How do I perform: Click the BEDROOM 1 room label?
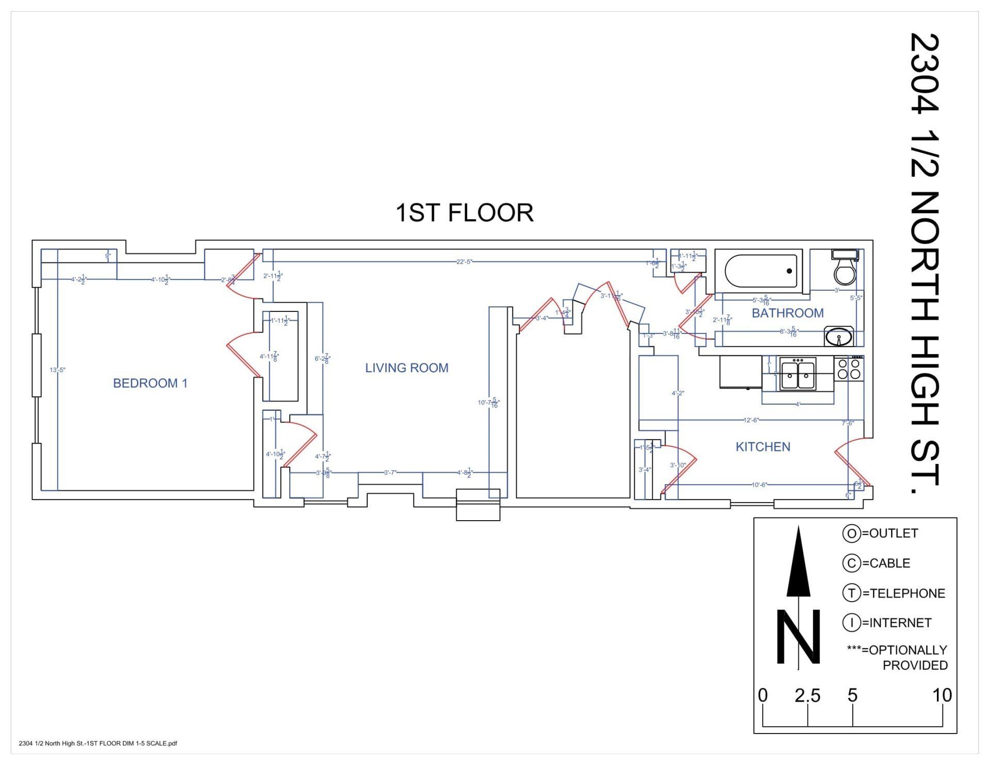(x=150, y=383)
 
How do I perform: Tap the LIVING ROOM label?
(x=407, y=368)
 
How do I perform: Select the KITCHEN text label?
(x=763, y=447)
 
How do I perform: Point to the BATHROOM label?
(x=787, y=313)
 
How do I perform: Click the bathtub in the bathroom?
(x=761, y=271)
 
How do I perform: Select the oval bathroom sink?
(x=839, y=338)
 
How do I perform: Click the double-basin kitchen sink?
(x=798, y=374)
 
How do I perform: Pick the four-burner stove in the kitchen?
(x=849, y=369)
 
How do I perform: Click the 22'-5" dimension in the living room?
(x=464, y=261)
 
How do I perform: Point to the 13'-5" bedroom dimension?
(x=57, y=370)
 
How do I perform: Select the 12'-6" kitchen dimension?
(x=751, y=420)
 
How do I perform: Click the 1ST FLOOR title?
(x=464, y=213)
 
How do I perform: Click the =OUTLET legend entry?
(x=893, y=533)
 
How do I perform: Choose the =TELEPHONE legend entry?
(x=903, y=593)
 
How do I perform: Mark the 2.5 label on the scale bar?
(x=807, y=696)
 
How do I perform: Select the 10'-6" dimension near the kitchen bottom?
(x=759, y=485)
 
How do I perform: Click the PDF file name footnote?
(x=98, y=743)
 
